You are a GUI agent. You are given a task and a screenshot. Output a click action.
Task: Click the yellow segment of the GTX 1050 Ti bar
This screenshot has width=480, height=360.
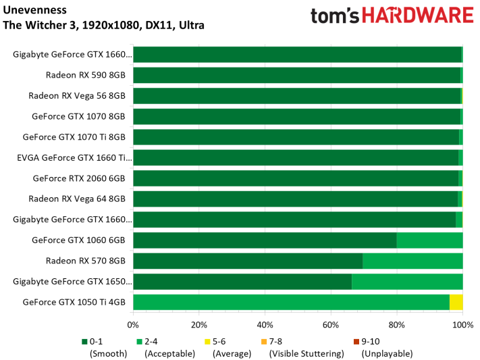tap(456, 303)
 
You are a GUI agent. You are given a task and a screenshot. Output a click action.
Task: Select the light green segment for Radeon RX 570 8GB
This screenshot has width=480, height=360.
tap(412, 261)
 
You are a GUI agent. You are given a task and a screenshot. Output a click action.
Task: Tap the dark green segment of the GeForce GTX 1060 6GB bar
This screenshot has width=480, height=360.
tap(265, 240)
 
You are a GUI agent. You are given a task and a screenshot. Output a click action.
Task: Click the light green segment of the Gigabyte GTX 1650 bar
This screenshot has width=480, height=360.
tap(407, 282)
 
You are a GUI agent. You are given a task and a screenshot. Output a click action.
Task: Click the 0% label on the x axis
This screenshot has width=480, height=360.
tap(134, 324)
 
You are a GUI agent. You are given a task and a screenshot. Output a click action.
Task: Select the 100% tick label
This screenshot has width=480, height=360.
tap(462, 324)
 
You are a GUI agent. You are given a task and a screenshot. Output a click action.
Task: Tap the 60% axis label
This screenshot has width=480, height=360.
tap(331, 324)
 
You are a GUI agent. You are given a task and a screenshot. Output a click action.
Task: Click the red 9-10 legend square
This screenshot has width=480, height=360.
tap(356, 342)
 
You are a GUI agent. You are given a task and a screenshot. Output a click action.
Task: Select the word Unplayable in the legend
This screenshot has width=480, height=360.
tap(387, 353)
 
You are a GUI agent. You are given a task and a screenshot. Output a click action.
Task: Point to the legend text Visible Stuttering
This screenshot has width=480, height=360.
tap(304, 353)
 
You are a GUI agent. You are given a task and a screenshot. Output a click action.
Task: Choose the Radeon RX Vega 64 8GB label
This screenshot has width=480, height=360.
tap(77, 199)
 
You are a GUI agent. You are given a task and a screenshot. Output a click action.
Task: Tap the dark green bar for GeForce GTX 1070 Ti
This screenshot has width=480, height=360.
tap(296, 137)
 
